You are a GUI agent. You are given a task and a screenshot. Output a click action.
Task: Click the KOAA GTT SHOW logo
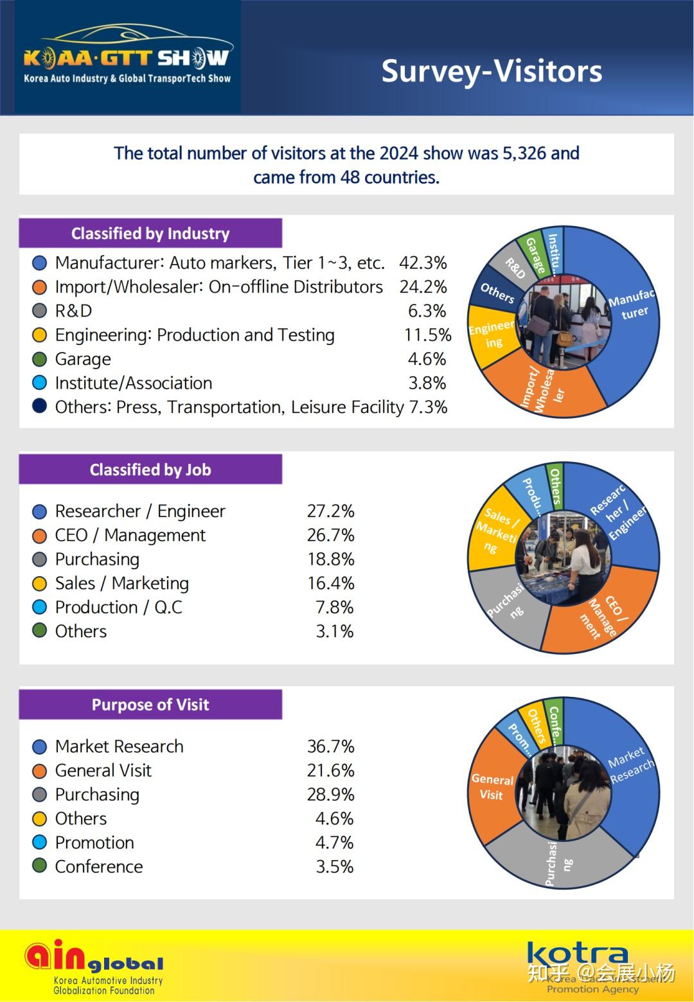127,58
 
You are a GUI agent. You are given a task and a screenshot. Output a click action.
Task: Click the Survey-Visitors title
492,71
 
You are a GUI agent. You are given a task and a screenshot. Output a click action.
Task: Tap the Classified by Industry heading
150,233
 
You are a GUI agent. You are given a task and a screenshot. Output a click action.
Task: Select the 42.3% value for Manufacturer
423,263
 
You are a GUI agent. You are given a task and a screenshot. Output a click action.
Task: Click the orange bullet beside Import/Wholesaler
40,287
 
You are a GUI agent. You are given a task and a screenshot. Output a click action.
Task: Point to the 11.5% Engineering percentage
427,335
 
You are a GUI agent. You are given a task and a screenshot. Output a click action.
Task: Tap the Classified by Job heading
150,470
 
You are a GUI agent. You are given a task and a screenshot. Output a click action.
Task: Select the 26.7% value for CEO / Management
331,535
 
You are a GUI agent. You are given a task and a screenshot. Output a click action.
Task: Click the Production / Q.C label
119,607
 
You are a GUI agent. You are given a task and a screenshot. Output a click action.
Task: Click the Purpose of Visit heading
150,705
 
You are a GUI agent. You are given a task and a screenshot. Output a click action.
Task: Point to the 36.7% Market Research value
331,746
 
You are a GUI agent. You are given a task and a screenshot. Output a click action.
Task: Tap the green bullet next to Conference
40,866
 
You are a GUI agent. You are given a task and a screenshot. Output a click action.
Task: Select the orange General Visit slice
494,787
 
